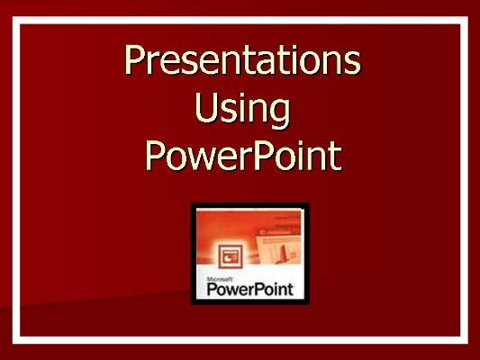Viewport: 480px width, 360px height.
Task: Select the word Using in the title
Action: click(x=242, y=111)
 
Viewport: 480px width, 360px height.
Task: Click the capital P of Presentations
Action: click(x=135, y=61)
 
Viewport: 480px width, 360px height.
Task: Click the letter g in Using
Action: click(x=278, y=115)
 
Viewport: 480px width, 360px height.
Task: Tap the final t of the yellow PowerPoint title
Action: click(x=334, y=155)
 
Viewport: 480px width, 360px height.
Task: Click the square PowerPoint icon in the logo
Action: click(x=222, y=253)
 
